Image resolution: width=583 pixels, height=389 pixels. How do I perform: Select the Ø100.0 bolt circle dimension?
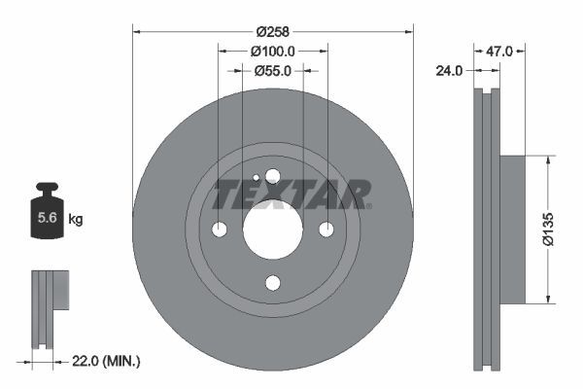pyautogui.click(x=273, y=50)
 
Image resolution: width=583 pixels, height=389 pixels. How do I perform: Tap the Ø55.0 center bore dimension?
pyautogui.click(x=273, y=70)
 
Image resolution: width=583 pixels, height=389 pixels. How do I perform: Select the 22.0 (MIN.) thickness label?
pyautogui.click(x=106, y=361)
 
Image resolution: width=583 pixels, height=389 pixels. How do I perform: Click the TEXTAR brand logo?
pyautogui.click(x=291, y=194)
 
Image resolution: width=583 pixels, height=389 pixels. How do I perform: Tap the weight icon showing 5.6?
pyautogui.click(x=46, y=216)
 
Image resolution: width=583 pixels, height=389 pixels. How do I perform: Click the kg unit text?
pyautogui.click(x=76, y=220)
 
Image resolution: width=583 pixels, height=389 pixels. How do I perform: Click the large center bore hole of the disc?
pyautogui.click(x=272, y=230)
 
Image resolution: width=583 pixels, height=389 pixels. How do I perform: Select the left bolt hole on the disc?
pyautogui.click(x=219, y=230)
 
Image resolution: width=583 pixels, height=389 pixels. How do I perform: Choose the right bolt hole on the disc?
pyautogui.click(x=326, y=230)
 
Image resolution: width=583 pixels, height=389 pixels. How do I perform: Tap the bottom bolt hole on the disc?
pyautogui.click(x=272, y=283)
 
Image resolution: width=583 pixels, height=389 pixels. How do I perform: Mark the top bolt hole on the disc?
pyautogui.click(x=272, y=176)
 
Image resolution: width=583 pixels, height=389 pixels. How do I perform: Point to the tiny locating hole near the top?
pyautogui.click(x=256, y=178)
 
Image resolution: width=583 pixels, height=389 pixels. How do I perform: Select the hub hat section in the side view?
pyautogui.click(x=511, y=230)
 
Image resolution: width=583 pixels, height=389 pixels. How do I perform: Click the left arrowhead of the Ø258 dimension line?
pyautogui.click(x=136, y=30)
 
